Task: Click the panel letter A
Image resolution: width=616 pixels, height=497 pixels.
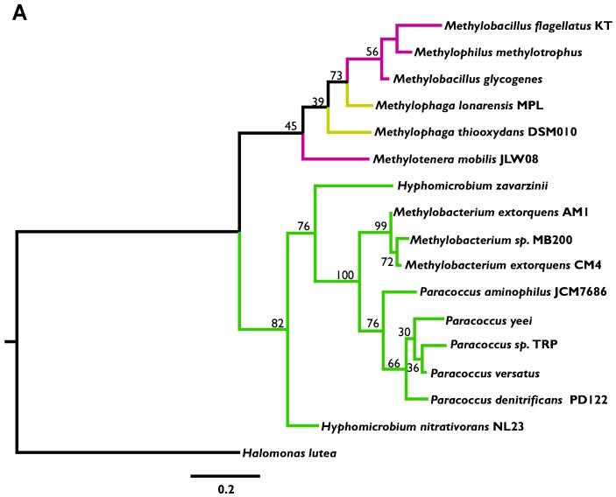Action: (20, 17)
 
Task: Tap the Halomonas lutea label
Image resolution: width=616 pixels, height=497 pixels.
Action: (288, 453)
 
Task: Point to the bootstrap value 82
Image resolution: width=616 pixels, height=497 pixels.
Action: (278, 324)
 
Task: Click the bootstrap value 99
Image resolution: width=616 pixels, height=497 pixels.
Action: (380, 226)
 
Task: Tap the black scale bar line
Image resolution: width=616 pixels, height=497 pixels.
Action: (225, 475)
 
